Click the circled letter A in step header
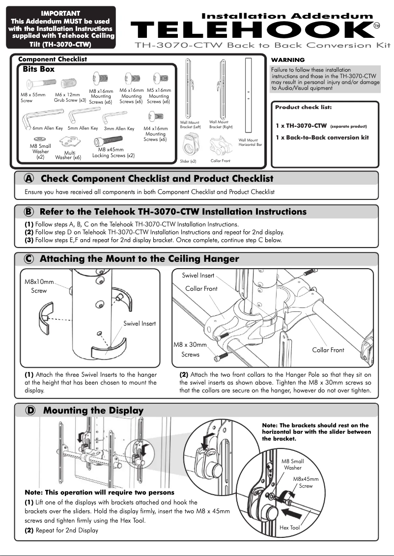coord(29,179)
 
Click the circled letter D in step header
coord(29,411)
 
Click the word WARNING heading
coord(288,60)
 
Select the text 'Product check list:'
coord(303,107)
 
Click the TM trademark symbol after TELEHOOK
coord(377,26)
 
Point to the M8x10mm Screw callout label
coord(39,286)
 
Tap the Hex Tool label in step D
coord(289,528)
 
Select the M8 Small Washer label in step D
coord(292,464)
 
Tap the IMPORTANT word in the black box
coord(61,13)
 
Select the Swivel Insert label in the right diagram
coord(198,276)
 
